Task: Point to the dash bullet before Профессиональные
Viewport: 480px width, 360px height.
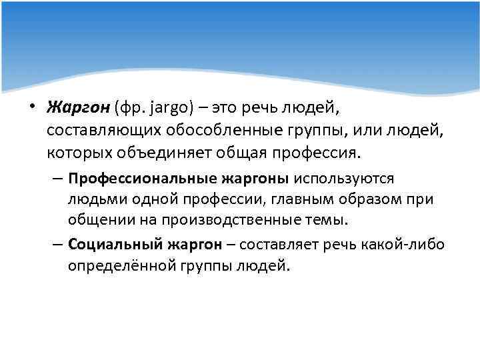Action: point(57,180)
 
